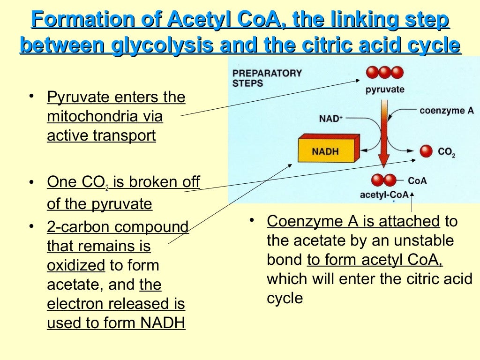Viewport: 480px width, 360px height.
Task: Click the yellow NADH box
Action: point(326,150)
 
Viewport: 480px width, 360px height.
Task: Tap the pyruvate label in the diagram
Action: point(385,90)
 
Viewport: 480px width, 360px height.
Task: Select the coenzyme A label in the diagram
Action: point(446,111)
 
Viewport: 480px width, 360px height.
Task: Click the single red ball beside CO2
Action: point(426,151)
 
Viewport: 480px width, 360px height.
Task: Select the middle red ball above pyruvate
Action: point(385,73)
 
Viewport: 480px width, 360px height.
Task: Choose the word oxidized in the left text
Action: point(76,265)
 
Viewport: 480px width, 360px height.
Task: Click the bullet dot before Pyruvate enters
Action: point(31,96)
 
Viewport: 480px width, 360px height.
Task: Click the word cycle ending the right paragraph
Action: point(285,298)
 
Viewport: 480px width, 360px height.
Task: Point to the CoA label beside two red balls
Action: point(417,180)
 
